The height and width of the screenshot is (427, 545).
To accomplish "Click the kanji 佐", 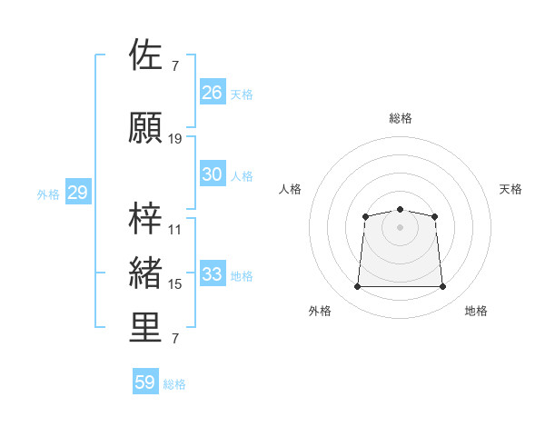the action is tap(145, 55).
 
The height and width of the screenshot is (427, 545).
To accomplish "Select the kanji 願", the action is tap(145, 127).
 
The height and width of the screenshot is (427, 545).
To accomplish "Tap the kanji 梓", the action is tap(145, 218).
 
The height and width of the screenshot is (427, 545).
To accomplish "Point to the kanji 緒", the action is tap(145, 273).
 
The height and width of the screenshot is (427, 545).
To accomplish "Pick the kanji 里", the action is tap(145, 327).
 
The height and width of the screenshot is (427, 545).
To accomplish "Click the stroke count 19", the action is tap(174, 139).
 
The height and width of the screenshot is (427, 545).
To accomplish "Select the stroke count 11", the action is tap(174, 230).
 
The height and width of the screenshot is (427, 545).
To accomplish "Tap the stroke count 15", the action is tap(174, 284).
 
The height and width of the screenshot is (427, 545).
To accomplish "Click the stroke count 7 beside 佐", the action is tap(175, 66).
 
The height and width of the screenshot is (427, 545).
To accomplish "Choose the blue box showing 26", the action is tap(213, 92).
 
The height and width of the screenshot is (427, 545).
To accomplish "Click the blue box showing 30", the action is tap(213, 174).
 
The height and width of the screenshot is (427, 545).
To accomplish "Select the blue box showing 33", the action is tap(213, 273).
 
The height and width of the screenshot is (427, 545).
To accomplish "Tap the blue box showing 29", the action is tap(78, 192).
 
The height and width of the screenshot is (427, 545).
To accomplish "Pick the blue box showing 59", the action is tap(145, 381).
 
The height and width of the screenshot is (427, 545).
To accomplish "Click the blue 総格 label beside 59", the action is tap(174, 384).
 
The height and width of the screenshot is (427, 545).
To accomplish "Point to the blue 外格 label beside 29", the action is tap(48, 194).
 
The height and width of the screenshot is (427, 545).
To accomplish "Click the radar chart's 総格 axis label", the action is tap(401, 118).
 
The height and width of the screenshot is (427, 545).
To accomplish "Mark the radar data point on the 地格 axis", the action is tap(442, 286).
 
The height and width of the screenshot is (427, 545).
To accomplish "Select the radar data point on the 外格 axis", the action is tap(357, 286).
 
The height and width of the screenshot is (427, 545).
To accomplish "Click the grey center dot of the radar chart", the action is tap(400, 227).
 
